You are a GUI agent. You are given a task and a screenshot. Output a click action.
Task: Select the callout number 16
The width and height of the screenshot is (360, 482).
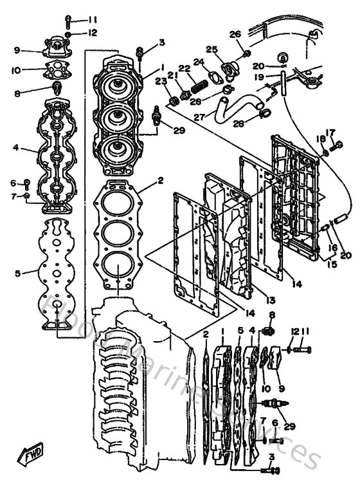tap(332, 246)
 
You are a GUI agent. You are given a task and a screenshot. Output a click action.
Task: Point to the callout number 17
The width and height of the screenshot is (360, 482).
tap(331, 133)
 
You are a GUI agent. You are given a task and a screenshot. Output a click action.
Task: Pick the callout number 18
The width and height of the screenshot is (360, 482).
tap(319, 138)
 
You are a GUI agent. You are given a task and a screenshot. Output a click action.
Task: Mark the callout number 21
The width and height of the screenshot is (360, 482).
tap(172, 75)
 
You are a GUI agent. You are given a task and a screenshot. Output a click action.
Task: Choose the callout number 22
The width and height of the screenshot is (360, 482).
tap(184, 68)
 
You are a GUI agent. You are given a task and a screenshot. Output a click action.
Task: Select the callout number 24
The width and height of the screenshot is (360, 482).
tap(199, 62)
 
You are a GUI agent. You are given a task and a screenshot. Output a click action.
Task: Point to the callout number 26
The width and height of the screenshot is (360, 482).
tap(235, 33)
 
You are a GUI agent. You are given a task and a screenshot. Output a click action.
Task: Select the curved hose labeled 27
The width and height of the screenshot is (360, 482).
tap(228, 106)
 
